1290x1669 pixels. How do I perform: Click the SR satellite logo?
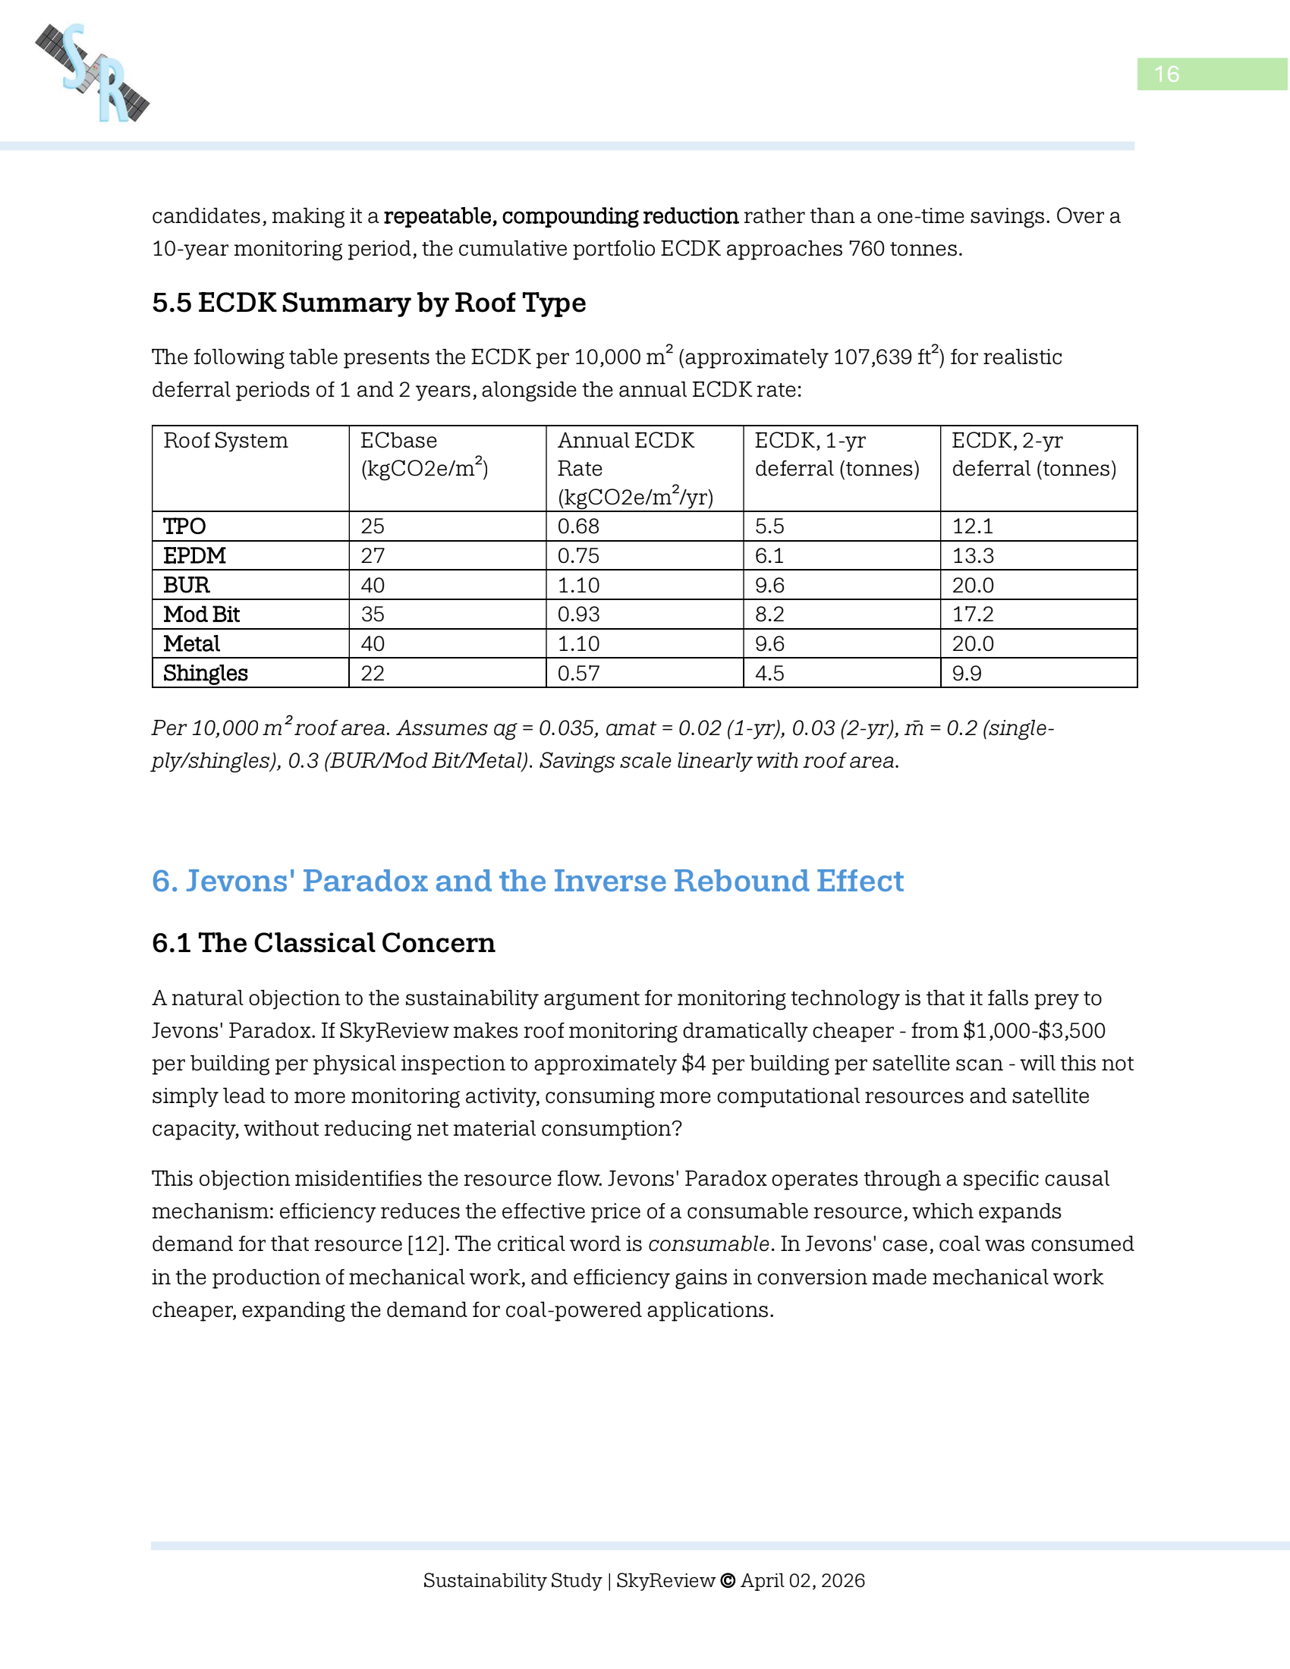[x=93, y=74]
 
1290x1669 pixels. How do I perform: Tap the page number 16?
[x=1166, y=74]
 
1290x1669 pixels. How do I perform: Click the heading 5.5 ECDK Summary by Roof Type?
[x=368, y=303]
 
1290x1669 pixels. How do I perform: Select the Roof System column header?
[x=225, y=441]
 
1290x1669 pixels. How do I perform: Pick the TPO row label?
[x=184, y=526]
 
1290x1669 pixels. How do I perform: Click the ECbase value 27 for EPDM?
[x=372, y=555]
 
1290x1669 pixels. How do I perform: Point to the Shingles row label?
[x=205, y=673]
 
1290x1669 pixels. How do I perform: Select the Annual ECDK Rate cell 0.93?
[x=578, y=614]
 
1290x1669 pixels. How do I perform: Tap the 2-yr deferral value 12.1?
[x=972, y=526]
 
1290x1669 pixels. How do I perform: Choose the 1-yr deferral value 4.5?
[x=769, y=673]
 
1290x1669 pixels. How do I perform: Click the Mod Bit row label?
[x=201, y=614]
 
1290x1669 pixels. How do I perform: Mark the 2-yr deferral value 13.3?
[x=972, y=555]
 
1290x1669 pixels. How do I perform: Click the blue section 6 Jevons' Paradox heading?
[x=527, y=881]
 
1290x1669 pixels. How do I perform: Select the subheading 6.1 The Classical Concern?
[x=323, y=943]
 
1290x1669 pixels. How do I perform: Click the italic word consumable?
[x=709, y=1244]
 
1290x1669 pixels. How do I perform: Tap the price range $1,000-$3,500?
[x=1034, y=1031]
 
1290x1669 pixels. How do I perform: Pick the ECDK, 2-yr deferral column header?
[x=1034, y=454]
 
